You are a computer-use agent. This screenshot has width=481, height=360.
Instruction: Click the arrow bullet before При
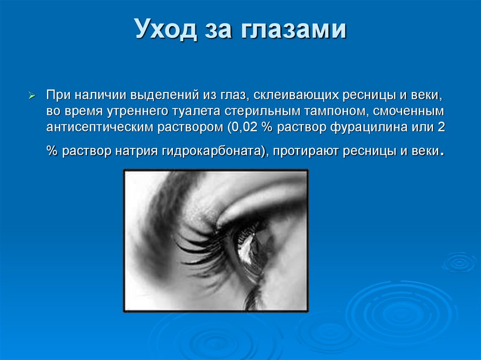tap(32, 96)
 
